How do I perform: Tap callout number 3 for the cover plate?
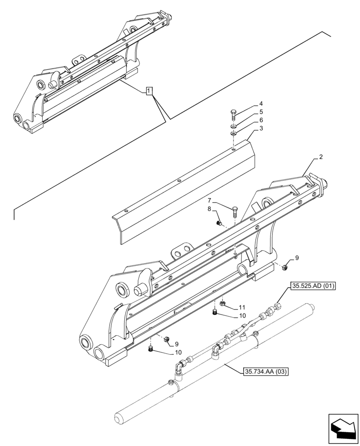click(x=261, y=128)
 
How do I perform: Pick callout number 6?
click(x=261, y=120)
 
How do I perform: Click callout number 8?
click(x=210, y=209)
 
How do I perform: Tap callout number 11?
click(x=242, y=308)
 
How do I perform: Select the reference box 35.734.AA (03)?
click(x=266, y=371)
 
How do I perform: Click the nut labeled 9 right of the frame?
click(x=285, y=267)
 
